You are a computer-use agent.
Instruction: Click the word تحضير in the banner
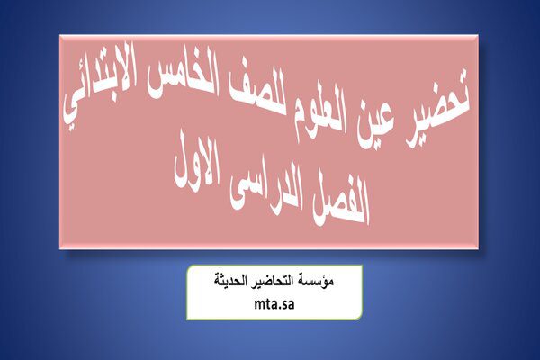click(x=437, y=109)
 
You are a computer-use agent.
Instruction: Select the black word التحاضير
click(x=271, y=282)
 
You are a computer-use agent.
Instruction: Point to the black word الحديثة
click(x=229, y=281)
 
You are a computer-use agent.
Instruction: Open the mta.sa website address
click(x=274, y=304)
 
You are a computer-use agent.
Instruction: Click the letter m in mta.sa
click(x=259, y=305)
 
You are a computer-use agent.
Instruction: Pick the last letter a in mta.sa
click(x=292, y=305)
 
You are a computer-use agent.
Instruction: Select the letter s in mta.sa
click(x=284, y=305)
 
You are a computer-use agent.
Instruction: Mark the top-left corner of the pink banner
click(x=59, y=35)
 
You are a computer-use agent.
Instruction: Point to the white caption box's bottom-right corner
click(x=362, y=319)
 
